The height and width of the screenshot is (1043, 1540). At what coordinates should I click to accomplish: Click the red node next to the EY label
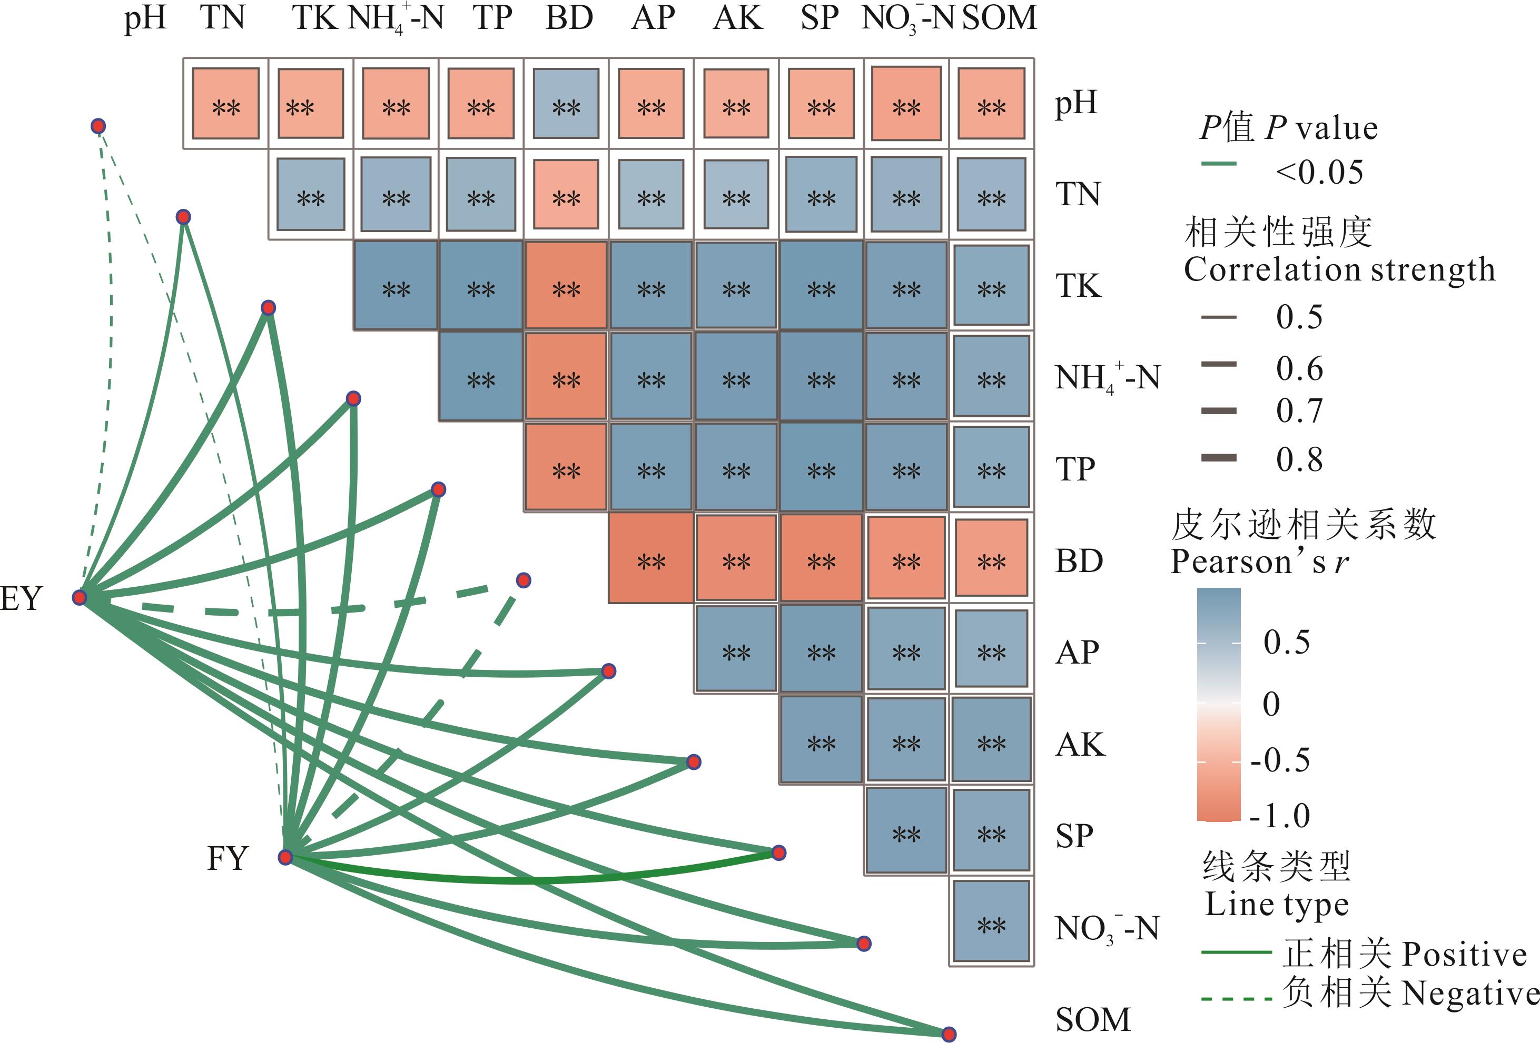[x=80, y=598]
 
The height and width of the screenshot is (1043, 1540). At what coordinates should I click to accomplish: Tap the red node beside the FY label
[x=285, y=858]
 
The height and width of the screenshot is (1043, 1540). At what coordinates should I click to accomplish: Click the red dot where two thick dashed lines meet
[x=524, y=581]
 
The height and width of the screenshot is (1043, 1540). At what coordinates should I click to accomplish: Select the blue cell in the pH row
[x=566, y=104]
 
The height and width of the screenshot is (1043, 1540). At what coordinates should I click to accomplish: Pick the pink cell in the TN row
[x=566, y=195]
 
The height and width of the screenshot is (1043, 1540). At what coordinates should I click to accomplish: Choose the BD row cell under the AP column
[x=651, y=559]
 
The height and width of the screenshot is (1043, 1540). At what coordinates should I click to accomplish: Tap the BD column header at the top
[x=569, y=18]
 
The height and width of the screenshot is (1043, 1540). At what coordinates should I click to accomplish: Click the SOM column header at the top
[x=999, y=18]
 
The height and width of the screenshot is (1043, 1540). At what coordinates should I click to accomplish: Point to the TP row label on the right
[x=1075, y=469]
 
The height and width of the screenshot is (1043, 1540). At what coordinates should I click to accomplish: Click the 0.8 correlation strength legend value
[x=1299, y=459]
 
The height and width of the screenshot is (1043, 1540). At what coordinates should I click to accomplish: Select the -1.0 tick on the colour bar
[x=1280, y=816]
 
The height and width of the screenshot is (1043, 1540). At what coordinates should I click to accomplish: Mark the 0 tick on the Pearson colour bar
[x=1271, y=703]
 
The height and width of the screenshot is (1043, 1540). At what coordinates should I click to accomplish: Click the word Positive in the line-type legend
[x=1465, y=954]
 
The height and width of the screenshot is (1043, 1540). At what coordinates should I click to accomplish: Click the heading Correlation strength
[x=1339, y=269]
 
